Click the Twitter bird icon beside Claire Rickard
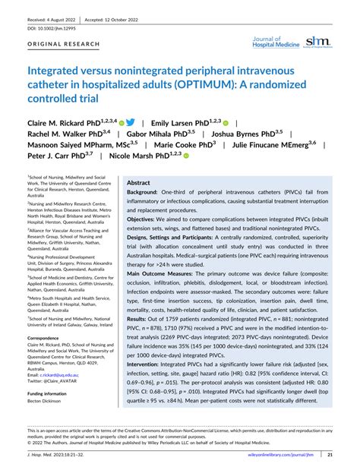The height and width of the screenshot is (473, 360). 131,121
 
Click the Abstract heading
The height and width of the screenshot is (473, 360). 138,182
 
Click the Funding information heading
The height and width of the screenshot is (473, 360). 51,394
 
